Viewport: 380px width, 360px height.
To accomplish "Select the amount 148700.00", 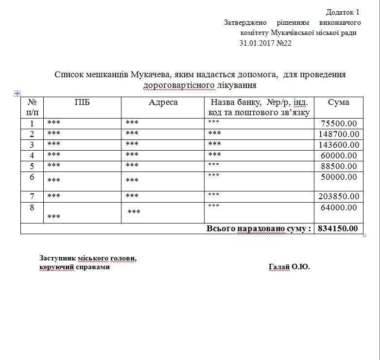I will coord(339,134).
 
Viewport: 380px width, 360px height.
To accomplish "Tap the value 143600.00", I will coord(339,145).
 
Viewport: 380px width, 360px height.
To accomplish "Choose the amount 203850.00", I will coord(339,196).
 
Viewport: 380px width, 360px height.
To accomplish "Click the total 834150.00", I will coord(338,228).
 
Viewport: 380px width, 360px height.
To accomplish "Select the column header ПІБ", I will coord(82,103).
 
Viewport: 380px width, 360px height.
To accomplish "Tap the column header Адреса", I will coord(163,103).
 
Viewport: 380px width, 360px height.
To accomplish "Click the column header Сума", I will coord(338,103).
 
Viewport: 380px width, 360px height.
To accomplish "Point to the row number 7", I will coord(32,196).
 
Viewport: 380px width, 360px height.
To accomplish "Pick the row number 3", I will coord(32,145).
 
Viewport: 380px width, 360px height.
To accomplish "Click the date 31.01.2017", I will coord(257,43).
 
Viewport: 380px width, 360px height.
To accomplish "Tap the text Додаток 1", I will coord(343,12).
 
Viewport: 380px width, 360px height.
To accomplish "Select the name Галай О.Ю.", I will coord(289,267).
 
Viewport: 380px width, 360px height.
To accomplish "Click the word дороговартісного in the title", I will coord(178,86).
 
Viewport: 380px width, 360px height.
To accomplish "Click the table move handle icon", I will coord(17,93).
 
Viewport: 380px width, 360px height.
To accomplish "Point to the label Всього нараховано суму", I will coord(259,228).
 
